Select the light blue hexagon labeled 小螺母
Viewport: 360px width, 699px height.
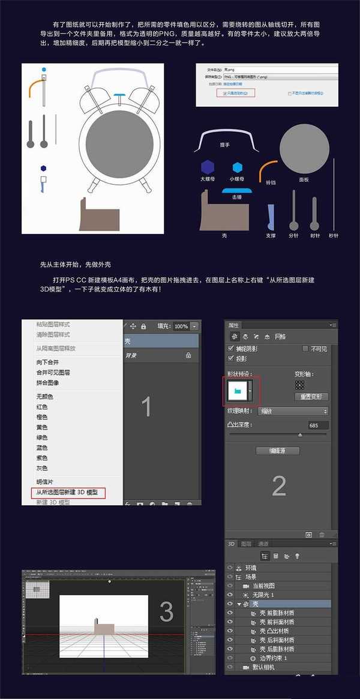pyautogui.click(x=238, y=167)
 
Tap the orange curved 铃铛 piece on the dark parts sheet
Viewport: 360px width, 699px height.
pyautogui.click(x=268, y=169)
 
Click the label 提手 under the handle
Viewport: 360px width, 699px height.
pyautogui.click(x=225, y=145)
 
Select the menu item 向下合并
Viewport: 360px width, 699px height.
pyautogui.click(x=48, y=362)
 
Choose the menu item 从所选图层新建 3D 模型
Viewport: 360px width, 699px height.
pyautogui.click(x=67, y=493)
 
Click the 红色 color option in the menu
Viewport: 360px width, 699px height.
pyautogui.click(x=42, y=407)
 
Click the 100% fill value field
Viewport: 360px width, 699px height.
pyautogui.click(x=181, y=326)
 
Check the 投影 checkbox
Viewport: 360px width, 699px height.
pyautogui.click(x=232, y=358)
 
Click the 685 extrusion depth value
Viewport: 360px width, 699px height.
pyautogui.click(x=313, y=425)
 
